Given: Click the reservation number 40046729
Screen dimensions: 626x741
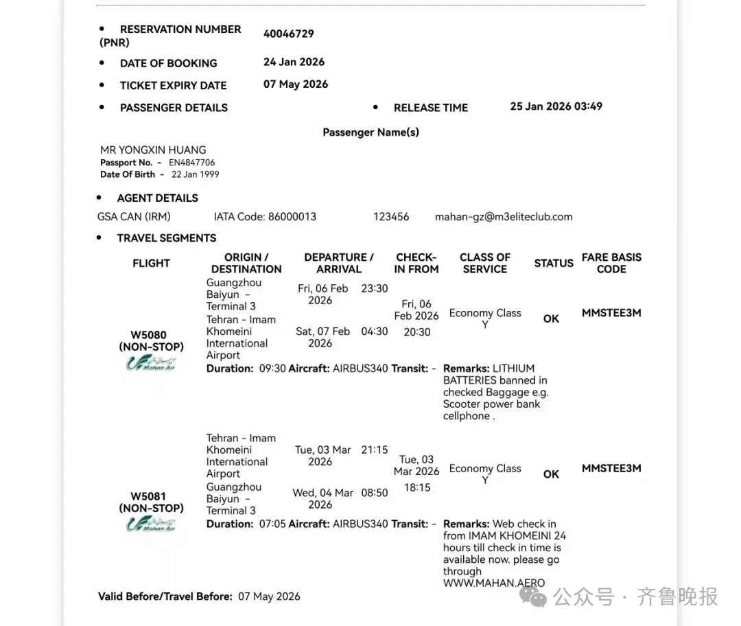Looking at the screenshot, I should pyautogui.click(x=288, y=34).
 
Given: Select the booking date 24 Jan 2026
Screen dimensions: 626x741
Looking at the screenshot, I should pyautogui.click(x=294, y=62).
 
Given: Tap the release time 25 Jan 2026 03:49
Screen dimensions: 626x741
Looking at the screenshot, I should pyautogui.click(x=556, y=106).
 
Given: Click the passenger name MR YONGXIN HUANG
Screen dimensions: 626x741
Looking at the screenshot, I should pyautogui.click(x=153, y=150).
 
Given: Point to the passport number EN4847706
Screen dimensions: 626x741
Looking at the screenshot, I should pyautogui.click(x=191, y=163).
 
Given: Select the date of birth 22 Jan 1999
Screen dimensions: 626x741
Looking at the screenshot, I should pyautogui.click(x=195, y=174).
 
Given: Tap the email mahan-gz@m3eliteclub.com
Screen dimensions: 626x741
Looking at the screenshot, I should pyautogui.click(x=503, y=216).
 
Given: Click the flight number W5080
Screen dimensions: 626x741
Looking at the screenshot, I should pyautogui.click(x=149, y=336).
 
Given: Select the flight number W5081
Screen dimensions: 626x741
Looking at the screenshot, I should pyautogui.click(x=149, y=496).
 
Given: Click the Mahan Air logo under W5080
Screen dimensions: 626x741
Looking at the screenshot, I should pyautogui.click(x=151, y=363).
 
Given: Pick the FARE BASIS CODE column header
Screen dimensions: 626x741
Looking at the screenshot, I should pyautogui.click(x=611, y=263).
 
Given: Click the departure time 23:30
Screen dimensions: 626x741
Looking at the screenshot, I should pyautogui.click(x=375, y=288).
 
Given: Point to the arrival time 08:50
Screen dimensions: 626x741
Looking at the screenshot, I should pyautogui.click(x=375, y=492).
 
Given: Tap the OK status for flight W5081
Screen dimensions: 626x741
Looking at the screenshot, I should pyautogui.click(x=551, y=474).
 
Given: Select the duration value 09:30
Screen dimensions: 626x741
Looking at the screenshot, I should pyautogui.click(x=272, y=369).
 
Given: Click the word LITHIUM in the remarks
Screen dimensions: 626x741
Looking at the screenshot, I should pyautogui.click(x=513, y=369).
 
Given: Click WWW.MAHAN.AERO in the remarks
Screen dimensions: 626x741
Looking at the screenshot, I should pyautogui.click(x=493, y=583).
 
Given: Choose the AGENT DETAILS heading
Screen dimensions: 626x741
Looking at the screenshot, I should pyautogui.click(x=157, y=198).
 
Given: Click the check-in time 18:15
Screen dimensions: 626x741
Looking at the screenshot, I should pyautogui.click(x=417, y=487).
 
